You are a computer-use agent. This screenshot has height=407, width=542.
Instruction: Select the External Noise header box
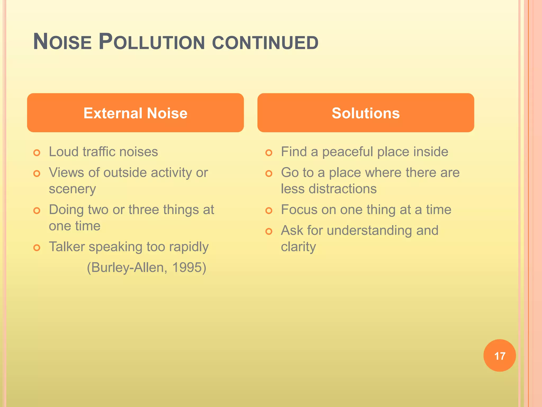point(135,113)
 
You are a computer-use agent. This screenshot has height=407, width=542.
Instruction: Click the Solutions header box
point(365,113)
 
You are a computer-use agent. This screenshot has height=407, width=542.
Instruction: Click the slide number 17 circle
point(499,356)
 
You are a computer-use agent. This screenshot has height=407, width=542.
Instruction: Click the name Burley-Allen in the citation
point(129,267)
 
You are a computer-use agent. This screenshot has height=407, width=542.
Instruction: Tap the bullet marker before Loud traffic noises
point(37,153)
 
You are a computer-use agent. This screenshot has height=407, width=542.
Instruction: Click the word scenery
point(72,189)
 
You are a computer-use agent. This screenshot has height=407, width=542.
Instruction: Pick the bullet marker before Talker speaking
point(37,248)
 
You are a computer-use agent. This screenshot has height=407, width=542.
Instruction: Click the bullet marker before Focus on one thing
point(269,211)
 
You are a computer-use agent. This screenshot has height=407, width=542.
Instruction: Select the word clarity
point(298,247)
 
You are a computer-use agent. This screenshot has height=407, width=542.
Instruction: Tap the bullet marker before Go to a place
point(269,174)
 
